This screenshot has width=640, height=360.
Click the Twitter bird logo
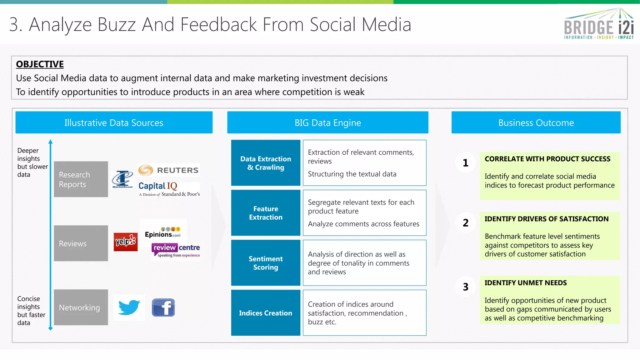(129, 307)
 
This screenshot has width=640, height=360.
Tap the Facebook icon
(163, 307)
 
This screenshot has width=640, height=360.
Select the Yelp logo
(126, 242)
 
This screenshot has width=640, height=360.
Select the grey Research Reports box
(81, 179)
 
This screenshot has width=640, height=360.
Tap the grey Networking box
(81, 307)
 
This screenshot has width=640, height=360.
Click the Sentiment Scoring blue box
(266, 263)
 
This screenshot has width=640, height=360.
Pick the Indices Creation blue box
(266, 313)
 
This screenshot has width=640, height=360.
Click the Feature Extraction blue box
(266, 213)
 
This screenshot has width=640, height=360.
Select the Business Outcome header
(536, 122)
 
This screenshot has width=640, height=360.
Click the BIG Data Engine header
(327, 122)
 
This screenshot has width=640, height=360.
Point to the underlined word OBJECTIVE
(40, 64)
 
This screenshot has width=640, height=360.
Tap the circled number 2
(466, 223)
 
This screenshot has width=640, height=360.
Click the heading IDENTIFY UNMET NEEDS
(526, 283)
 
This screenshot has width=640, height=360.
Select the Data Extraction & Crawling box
(266, 163)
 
